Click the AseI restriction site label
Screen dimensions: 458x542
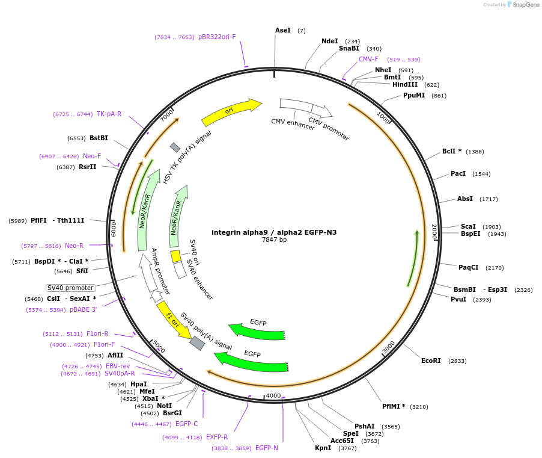282,30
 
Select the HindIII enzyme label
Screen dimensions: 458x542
405,85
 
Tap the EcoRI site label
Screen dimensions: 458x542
431,361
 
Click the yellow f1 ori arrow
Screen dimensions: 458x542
173,319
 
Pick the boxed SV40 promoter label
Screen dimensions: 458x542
71,288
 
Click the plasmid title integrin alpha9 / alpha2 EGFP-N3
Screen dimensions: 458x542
274,232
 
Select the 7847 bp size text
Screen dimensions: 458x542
274,240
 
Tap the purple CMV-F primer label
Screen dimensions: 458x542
368,59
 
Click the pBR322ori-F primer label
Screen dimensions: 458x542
217,37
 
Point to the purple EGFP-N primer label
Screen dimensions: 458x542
266,448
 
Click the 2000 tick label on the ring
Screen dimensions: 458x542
434,232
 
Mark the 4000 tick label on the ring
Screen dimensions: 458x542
273,395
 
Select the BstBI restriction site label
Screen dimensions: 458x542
96,138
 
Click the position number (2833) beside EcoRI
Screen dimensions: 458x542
457,361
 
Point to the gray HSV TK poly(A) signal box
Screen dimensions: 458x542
175,147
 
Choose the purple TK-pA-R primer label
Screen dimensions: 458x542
109,114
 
